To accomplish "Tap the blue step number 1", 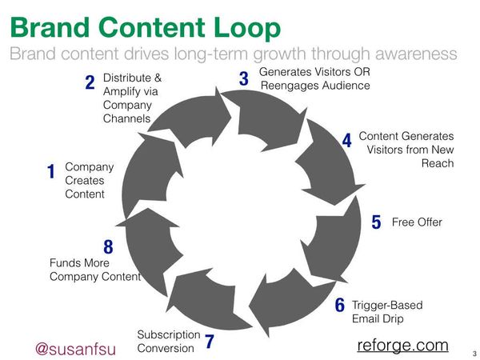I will (x=50, y=172).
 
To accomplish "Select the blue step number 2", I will (x=90, y=83).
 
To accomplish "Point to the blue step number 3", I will (x=244, y=80).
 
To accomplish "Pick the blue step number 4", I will (x=346, y=141).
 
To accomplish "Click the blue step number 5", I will (x=376, y=222).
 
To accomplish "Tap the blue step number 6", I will (x=339, y=306).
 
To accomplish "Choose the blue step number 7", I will (x=209, y=342).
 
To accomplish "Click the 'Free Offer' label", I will (x=417, y=222).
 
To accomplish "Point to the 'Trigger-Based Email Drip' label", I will (x=386, y=312).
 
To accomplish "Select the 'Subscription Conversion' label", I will (x=166, y=341).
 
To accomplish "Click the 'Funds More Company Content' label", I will (x=94, y=270).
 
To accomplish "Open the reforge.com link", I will (x=402, y=345).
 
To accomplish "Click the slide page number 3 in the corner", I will (x=473, y=353).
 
